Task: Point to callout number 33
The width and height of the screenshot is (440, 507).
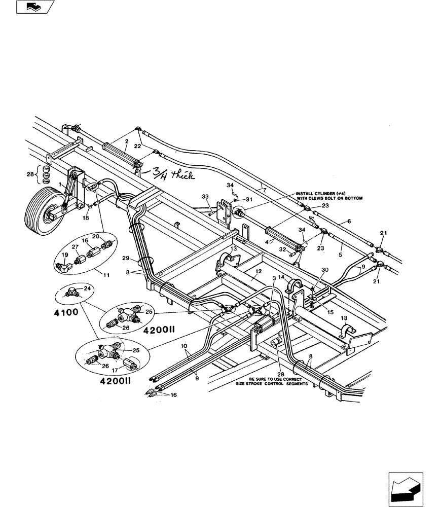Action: [205, 197]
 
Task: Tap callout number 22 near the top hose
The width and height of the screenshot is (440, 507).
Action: [137, 146]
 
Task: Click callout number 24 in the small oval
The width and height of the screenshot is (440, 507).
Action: [88, 288]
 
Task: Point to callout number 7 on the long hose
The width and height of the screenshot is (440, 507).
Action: [264, 189]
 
